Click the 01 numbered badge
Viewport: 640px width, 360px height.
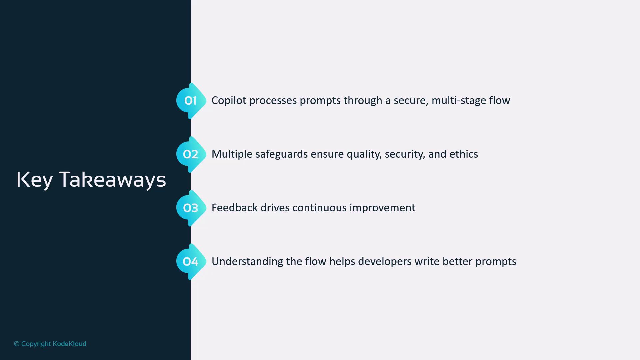[191, 101]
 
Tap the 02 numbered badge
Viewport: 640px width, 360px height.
[191, 154]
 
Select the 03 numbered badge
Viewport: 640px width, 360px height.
[191, 208]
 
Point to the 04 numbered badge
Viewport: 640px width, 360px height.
[191, 262]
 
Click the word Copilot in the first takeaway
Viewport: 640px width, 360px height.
[229, 101]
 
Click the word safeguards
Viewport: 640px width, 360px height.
[282, 154]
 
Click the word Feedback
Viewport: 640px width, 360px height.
[235, 208]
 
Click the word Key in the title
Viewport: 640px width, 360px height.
[35, 180]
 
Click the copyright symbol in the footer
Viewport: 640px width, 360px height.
[17, 344]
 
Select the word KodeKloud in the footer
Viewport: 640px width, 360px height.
[69, 344]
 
